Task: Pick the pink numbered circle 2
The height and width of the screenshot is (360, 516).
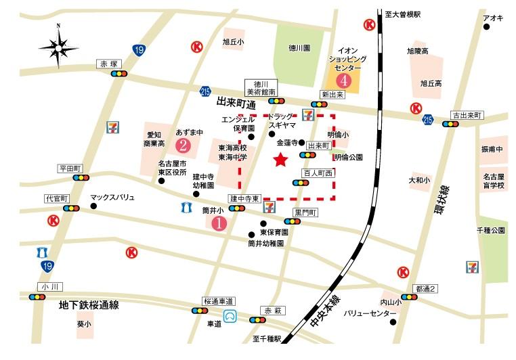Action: [x=181, y=145]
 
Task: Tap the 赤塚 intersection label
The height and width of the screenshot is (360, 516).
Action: [x=109, y=64]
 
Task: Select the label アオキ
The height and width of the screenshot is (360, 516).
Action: [x=492, y=18]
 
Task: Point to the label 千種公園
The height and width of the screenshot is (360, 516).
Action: [x=492, y=231]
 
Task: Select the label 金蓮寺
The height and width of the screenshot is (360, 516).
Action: [x=287, y=143]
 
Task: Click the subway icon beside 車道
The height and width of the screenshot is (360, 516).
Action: [x=232, y=315]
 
